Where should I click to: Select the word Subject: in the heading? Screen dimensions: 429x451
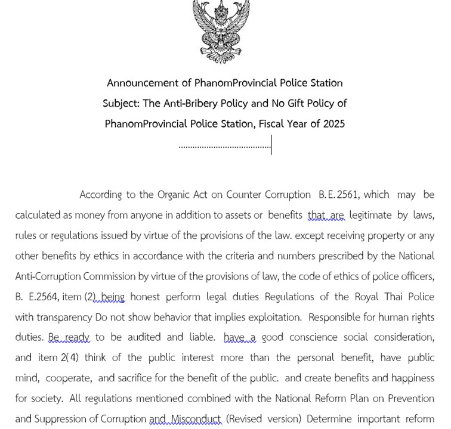point(121,104)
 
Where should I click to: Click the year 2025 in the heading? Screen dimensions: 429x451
point(332,124)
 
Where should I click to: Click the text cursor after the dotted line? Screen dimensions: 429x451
point(271,145)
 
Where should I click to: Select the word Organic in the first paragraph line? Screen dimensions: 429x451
point(174,195)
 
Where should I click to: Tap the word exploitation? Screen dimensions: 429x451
point(270,316)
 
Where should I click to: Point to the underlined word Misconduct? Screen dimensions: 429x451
point(196,419)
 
